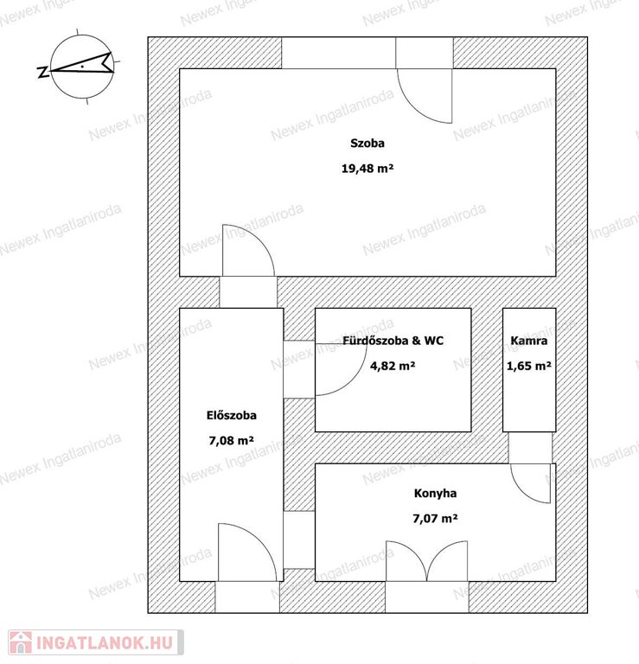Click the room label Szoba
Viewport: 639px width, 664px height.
367,144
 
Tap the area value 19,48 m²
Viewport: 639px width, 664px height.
367,169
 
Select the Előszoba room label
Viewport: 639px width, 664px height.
231,415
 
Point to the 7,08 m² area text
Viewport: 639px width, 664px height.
231,440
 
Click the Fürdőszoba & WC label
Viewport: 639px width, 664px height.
393,341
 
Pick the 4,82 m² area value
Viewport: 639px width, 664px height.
393,366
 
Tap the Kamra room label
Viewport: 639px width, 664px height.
528,341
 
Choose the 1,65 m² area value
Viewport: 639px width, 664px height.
528,366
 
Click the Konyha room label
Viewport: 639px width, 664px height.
435,494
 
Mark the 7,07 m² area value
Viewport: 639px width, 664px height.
435,519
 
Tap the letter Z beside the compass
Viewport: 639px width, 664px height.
42,72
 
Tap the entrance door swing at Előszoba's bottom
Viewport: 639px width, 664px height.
246,553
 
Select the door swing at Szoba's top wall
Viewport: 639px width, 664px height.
425,94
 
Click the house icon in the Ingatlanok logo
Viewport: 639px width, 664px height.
19,642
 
